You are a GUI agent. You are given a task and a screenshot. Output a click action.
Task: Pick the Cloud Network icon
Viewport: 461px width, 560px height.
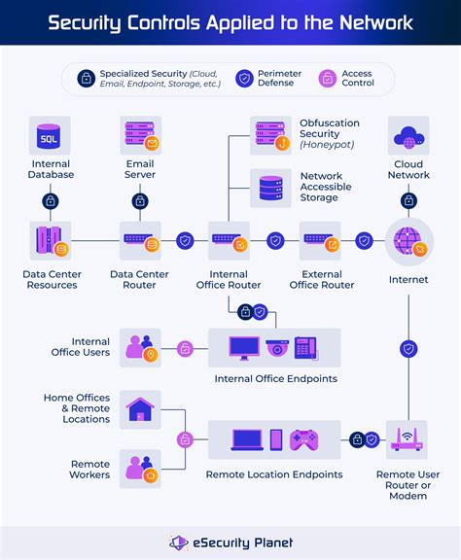pos(408,136)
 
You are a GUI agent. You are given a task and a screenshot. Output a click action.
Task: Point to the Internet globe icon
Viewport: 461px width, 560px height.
pos(408,241)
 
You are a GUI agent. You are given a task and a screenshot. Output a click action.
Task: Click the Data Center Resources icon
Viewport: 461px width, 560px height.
pos(50,241)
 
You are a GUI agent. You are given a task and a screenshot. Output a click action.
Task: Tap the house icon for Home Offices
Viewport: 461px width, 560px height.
pos(141,409)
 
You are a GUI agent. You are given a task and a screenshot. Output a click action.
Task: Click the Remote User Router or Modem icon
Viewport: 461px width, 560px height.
pos(408,440)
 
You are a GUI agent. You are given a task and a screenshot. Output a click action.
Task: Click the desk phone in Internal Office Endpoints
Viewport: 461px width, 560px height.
pos(306,347)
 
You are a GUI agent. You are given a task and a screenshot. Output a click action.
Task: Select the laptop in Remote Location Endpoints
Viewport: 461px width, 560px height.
pos(245,439)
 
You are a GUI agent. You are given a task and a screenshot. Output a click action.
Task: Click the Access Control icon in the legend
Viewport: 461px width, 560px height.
pos(327,79)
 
